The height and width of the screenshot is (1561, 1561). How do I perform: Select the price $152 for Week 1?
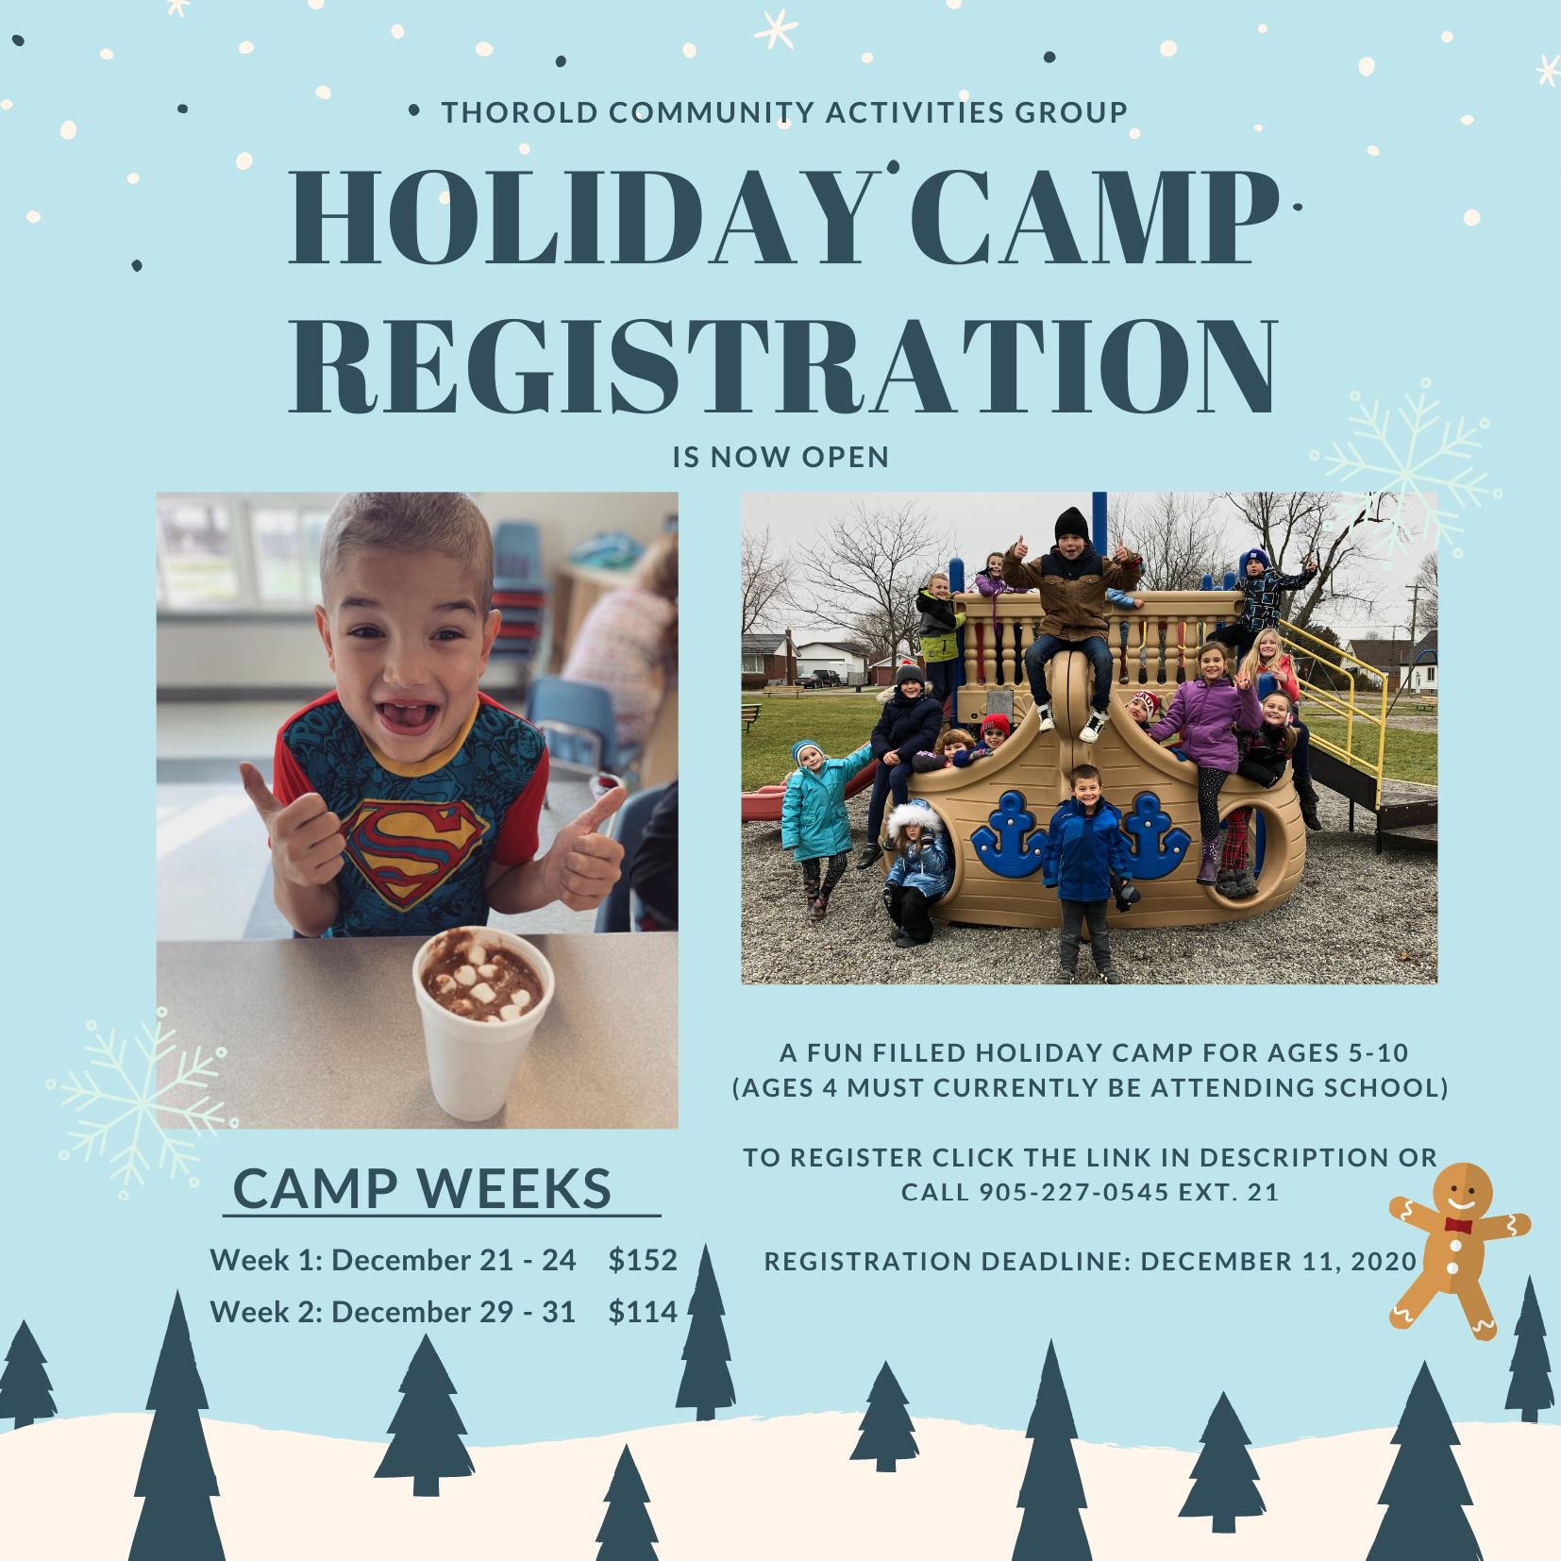(x=644, y=1260)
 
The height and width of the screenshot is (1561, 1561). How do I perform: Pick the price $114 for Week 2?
(x=644, y=1312)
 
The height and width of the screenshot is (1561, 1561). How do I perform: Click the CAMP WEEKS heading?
(x=423, y=1189)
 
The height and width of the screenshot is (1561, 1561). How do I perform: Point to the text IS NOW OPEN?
(x=781, y=458)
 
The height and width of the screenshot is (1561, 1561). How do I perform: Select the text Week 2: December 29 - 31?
(x=393, y=1312)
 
